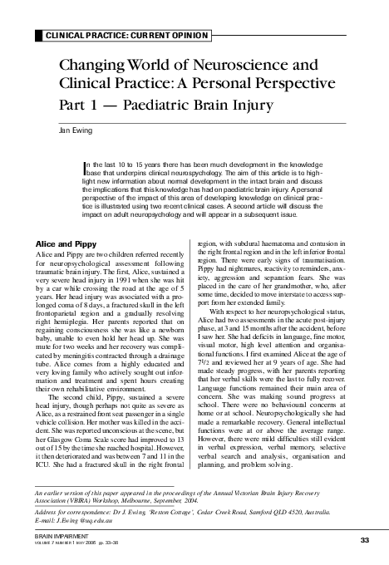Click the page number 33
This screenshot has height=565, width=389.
coord(364,540)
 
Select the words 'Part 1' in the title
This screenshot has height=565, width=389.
coord(80,106)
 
